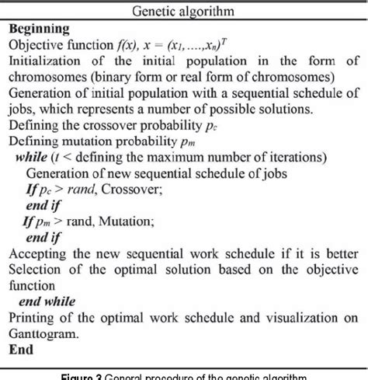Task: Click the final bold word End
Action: point(21,350)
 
